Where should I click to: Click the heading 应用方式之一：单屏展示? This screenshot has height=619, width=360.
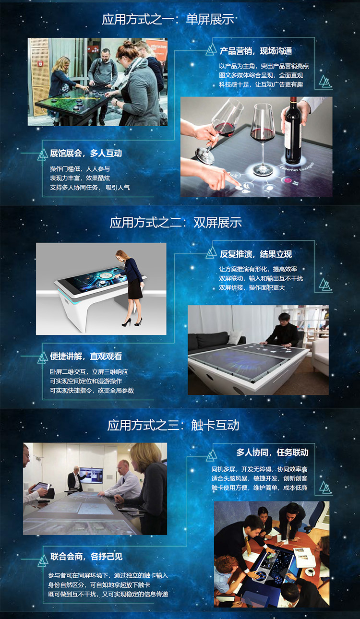pyautogui.click(x=168, y=19)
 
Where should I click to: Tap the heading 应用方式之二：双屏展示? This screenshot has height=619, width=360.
pyautogui.click(x=176, y=223)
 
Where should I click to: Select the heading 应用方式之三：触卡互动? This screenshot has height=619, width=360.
pyautogui.click(x=173, y=425)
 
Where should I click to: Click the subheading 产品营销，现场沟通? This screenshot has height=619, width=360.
pyautogui.click(x=256, y=51)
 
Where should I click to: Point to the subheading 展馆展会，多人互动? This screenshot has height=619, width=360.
pyautogui.click(x=86, y=153)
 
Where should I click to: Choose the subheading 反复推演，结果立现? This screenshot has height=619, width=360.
pyautogui.click(x=256, y=254)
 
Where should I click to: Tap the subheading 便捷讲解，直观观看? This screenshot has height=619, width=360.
pyautogui.click(x=86, y=356)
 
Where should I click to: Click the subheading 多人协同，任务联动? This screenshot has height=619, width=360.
pyautogui.click(x=272, y=452)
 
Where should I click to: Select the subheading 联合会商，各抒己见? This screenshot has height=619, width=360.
pyautogui.click(x=86, y=556)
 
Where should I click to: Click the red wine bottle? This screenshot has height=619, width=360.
pyautogui.click(x=293, y=130)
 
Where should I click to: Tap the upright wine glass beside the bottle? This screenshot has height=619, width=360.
pyautogui.click(x=262, y=139)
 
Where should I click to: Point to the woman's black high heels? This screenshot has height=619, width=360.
pyautogui.click(x=132, y=322)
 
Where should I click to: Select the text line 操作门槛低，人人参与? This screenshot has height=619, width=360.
pyautogui.click(x=80, y=169)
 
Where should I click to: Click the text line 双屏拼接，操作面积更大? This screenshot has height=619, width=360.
pyautogui.click(x=252, y=288)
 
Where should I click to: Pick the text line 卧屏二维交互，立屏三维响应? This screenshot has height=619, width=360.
pyautogui.click(x=89, y=372)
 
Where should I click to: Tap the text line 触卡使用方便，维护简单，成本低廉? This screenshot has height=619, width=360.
pyautogui.click(x=259, y=488)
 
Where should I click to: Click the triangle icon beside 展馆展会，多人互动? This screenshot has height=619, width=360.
pyautogui.click(x=43, y=155)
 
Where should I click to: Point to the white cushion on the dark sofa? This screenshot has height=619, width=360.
pyautogui.click(x=235, y=337)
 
